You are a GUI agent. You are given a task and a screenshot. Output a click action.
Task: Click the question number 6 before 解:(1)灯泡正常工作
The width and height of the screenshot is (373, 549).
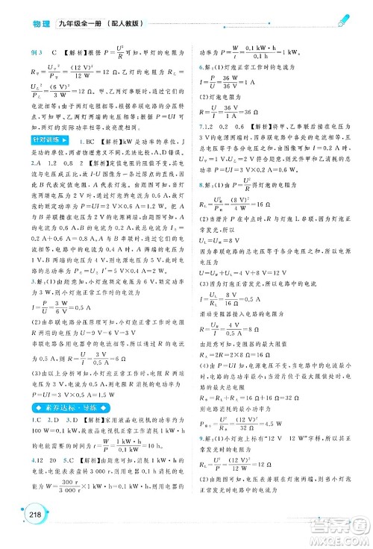[196, 87]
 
